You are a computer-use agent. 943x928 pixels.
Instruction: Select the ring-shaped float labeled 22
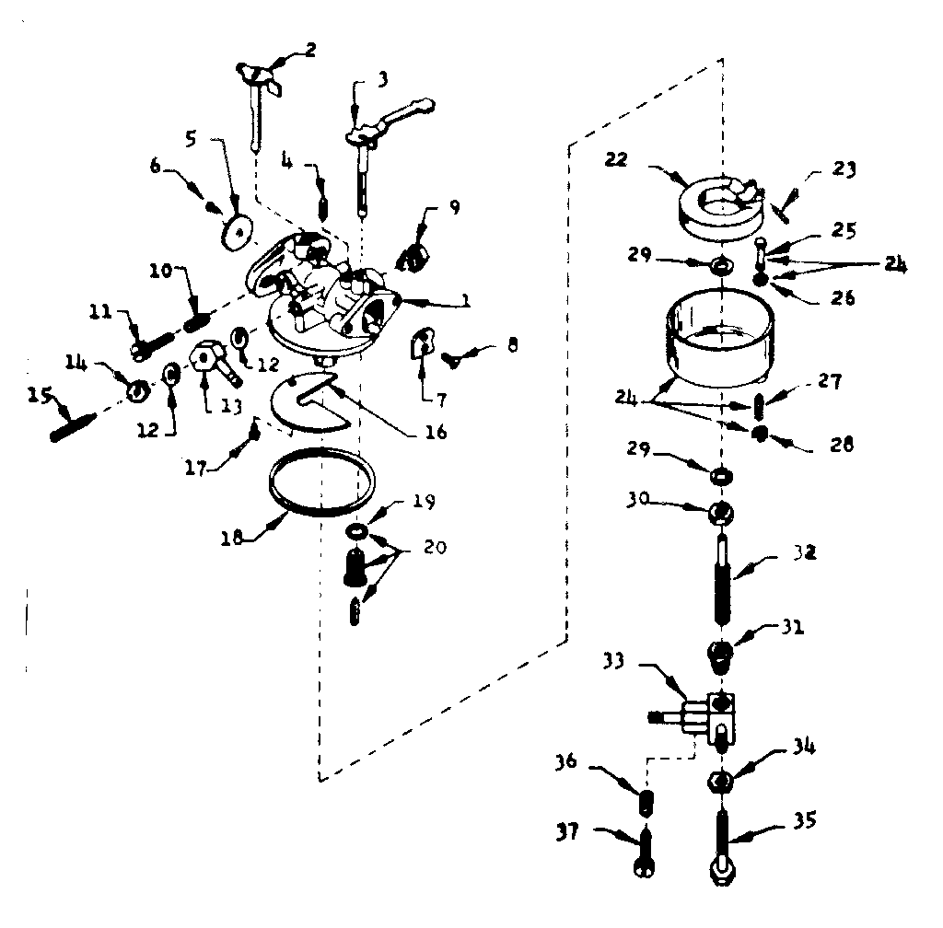(x=718, y=205)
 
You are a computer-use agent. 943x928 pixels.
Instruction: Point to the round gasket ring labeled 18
(x=321, y=481)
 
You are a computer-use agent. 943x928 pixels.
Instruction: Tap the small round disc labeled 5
(x=239, y=231)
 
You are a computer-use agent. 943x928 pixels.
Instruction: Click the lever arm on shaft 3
(x=392, y=120)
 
